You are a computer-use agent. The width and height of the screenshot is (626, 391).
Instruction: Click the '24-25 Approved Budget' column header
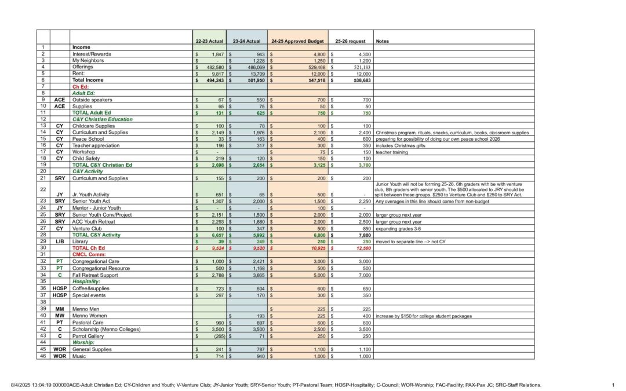click(x=297, y=42)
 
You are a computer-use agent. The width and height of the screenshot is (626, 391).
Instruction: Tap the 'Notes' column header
click(x=383, y=42)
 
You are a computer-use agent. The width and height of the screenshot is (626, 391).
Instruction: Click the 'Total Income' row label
click(x=88, y=80)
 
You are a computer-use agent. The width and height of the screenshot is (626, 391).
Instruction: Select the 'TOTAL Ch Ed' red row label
click(x=89, y=247)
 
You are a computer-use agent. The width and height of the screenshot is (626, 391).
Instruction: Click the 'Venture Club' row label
click(x=87, y=228)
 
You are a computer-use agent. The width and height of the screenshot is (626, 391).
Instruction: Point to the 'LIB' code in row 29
click(x=60, y=241)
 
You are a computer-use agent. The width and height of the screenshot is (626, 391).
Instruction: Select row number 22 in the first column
click(x=43, y=189)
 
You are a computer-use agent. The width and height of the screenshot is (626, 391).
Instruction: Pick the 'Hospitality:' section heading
click(x=87, y=281)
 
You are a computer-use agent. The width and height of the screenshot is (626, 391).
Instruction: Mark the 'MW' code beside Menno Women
click(x=60, y=316)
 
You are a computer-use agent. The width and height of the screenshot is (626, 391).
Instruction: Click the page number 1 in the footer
click(x=613, y=385)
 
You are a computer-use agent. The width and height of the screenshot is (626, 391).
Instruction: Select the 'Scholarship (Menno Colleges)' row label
click(x=106, y=329)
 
